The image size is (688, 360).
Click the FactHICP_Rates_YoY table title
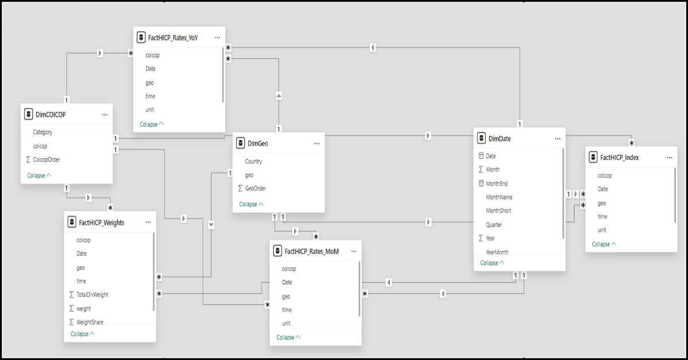[x=173, y=38]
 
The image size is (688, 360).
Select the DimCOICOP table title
[x=50, y=115]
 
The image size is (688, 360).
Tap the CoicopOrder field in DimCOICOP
[x=46, y=159]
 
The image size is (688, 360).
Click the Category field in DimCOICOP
[x=42, y=132]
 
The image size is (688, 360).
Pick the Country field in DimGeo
[x=253, y=161]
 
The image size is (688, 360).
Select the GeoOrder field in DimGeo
[x=256, y=188]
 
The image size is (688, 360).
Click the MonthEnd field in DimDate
[x=497, y=183]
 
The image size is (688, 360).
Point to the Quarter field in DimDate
[x=494, y=225]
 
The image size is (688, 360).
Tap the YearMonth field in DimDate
[x=497, y=252]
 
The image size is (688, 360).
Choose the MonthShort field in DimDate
[x=498, y=211]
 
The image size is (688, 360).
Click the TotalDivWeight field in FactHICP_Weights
[x=92, y=295]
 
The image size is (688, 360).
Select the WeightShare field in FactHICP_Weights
[x=90, y=322]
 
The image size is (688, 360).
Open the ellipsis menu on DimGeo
[x=317, y=143]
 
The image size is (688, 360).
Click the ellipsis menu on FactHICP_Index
[x=670, y=158]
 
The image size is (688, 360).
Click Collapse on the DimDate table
[x=492, y=263]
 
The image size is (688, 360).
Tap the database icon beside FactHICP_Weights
[x=72, y=222]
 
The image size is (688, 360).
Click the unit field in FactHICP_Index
[x=602, y=230]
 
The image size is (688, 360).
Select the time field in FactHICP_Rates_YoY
[x=150, y=96]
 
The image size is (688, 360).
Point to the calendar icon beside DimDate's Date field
[x=481, y=156]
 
